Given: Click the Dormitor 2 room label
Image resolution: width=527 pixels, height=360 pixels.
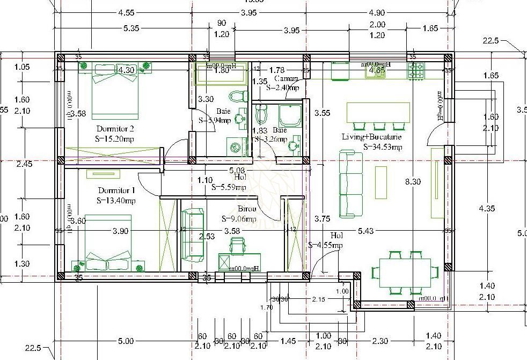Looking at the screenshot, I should [x=115, y=129].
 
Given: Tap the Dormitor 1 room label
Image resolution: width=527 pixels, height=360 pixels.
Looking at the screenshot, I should [x=116, y=190].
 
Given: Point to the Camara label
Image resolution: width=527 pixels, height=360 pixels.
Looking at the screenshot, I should [x=286, y=79].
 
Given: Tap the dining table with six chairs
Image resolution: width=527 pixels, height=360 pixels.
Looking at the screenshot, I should [x=405, y=271].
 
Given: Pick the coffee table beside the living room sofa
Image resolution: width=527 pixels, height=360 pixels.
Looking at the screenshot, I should [x=380, y=182].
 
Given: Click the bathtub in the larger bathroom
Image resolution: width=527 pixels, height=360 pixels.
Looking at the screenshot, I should [x=221, y=74].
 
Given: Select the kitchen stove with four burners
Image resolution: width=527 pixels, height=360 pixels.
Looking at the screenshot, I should [x=416, y=71].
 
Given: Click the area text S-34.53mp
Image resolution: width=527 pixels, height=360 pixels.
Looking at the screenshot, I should [x=383, y=146].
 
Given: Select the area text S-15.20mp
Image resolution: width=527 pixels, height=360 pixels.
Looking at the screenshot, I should [x=115, y=139].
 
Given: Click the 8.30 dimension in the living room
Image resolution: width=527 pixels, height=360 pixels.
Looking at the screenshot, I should [x=413, y=182].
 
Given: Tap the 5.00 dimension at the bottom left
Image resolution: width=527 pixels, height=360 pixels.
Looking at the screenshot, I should [x=126, y=341].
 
